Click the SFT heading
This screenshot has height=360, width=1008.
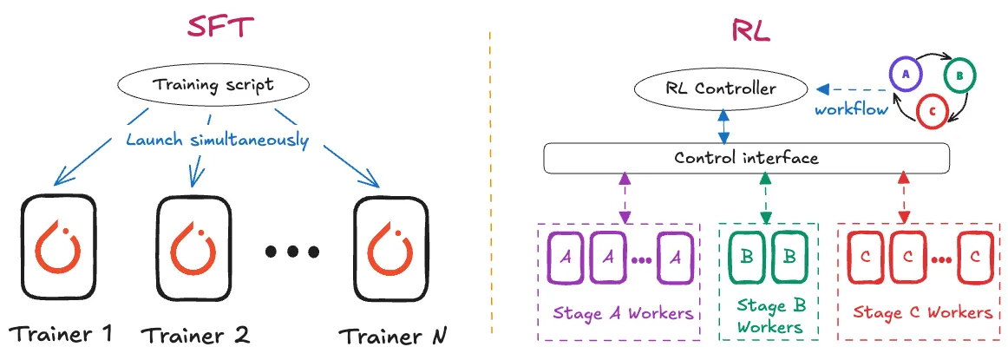220,26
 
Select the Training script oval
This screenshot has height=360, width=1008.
213,86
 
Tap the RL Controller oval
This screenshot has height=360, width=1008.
721,88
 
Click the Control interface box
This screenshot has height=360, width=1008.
746,158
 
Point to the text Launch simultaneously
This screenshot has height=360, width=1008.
216,141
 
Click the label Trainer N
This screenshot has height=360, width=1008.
395,336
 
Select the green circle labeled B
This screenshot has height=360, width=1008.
960,75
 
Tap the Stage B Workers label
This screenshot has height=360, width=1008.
769,317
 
